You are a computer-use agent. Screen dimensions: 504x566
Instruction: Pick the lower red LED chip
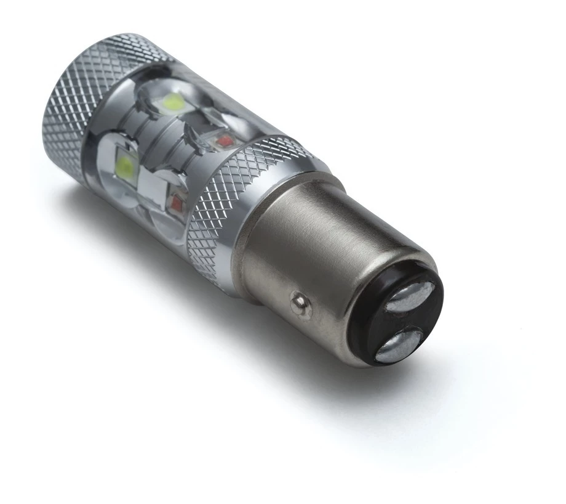pyautogui.click(x=179, y=200)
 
